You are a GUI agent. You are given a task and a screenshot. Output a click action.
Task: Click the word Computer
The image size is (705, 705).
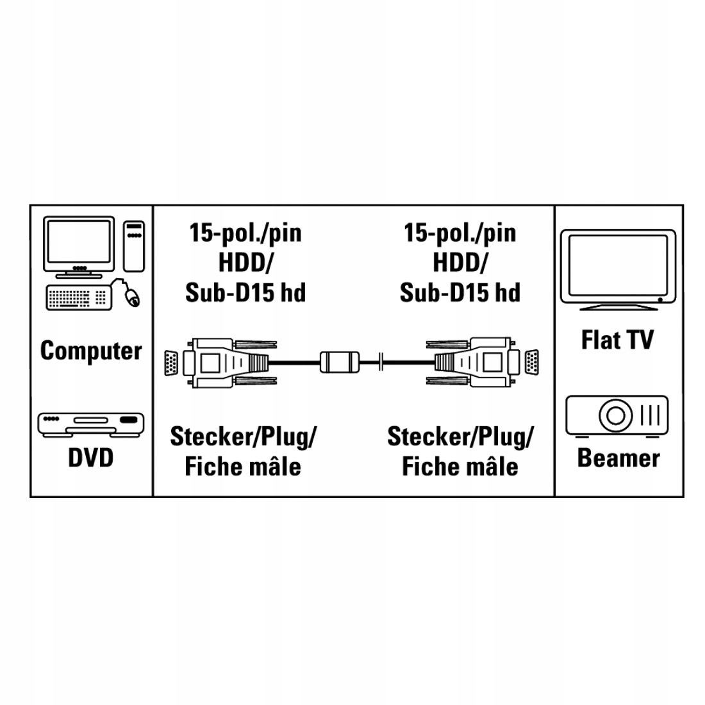coord(90,351)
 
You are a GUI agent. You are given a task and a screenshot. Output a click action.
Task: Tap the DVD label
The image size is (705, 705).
coord(90,458)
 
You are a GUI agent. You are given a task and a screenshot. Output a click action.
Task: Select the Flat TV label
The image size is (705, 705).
coord(617,339)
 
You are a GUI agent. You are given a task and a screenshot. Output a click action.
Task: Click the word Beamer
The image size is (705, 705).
coord(618,458)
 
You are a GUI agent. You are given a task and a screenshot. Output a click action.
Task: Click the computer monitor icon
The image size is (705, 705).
coord(79,246)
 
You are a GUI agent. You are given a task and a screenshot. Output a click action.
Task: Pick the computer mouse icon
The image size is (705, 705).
coord(131,295)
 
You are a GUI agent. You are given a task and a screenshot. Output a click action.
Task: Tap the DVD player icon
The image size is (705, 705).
coord(92,424)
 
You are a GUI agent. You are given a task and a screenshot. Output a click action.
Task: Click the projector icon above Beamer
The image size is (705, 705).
coord(617,415)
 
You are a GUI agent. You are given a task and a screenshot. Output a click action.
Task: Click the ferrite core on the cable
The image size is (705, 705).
coord(341,362)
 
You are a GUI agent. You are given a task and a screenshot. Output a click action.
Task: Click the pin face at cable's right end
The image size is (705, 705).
coord(531,362)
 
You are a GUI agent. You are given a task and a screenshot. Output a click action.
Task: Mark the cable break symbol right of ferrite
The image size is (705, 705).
coord(381,362)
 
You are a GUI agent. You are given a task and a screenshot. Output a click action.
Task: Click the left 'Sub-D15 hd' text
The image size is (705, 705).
coord(245,292)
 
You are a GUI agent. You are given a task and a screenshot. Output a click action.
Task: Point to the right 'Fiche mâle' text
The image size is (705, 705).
coord(460,465)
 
